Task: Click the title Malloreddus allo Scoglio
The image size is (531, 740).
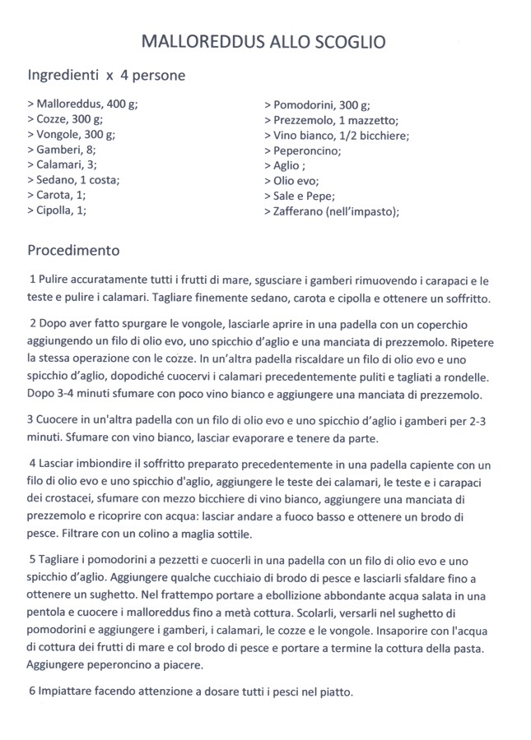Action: pyautogui.click(x=263, y=42)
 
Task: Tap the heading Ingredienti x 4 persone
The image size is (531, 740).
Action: pyautogui.click(x=106, y=76)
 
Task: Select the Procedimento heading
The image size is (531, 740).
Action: pyautogui.click(x=74, y=249)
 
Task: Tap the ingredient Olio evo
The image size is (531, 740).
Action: pyautogui.click(x=291, y=180)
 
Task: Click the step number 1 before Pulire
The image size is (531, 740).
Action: pyautogui.click(x=31, y=281)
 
